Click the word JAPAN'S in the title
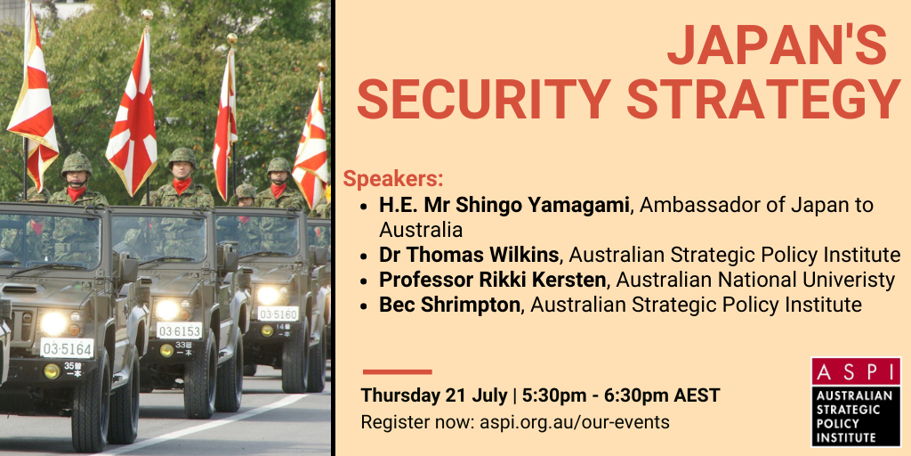click(778, 46)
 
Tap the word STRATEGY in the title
click(764, 98)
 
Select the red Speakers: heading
click(392, 179)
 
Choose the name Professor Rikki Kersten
click(493, 280)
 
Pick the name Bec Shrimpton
click(449, 305)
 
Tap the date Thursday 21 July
click(433, 395)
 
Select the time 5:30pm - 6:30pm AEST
click(621, 395)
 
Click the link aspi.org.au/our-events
click(574, 421)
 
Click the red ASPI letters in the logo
click(856, 371)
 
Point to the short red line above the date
click(398, 371)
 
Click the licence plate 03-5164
click(67, 348)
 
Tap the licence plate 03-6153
click(179, 330)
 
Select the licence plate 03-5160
click(278, 314)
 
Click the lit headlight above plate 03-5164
click(53, 322)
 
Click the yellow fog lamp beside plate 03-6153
click(166, 350)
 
